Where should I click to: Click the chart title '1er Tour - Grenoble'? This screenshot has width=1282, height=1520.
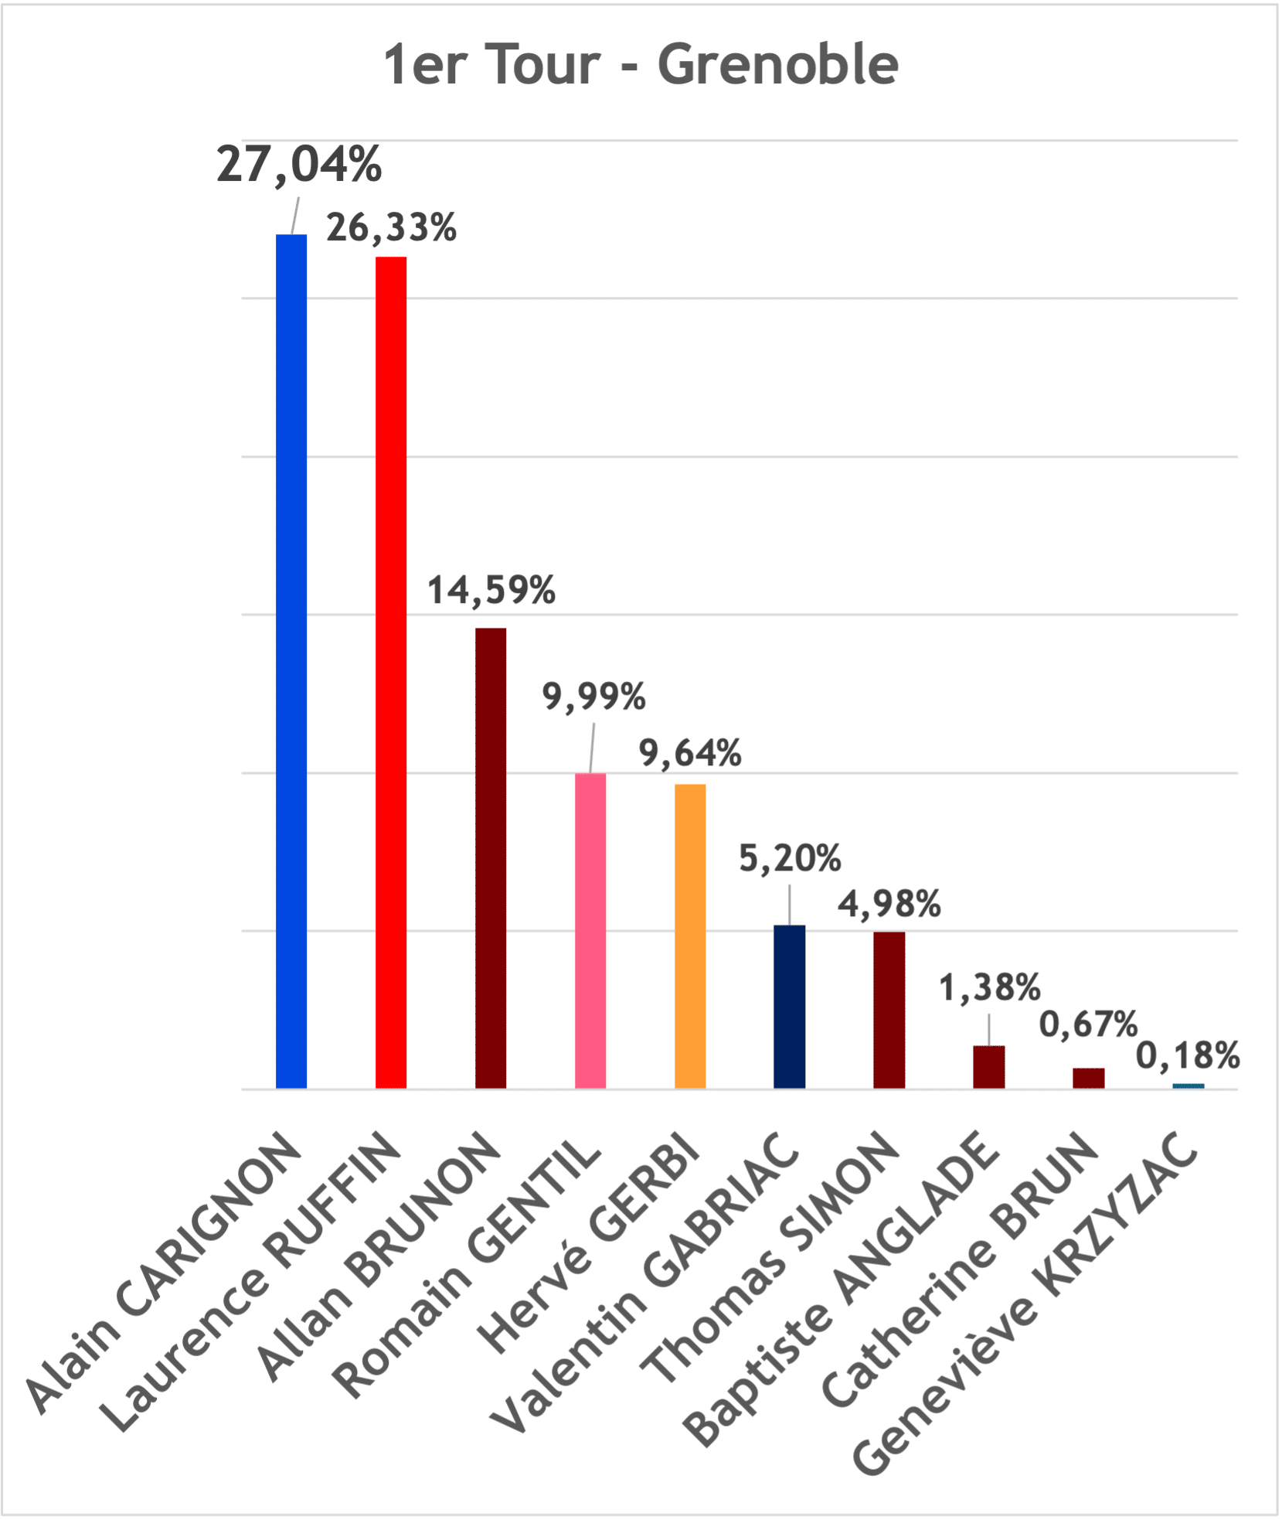(x=641, y=64)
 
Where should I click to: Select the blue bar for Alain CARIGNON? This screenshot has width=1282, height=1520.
(x=291, y=661)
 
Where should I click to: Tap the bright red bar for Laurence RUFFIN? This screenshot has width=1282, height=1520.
(x=391, y=673)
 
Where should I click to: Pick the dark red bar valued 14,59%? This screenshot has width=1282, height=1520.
(x=491, y=858)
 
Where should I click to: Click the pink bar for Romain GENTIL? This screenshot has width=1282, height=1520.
(x=590, y=931)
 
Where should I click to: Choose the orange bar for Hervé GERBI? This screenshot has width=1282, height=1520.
(x=690, y=936)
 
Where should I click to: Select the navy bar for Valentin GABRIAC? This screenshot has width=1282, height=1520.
(x=789, y=1007)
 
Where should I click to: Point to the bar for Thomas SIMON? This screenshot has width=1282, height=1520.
(x=889, y=1010)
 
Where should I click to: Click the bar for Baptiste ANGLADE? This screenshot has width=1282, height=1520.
(x=988, y=1067)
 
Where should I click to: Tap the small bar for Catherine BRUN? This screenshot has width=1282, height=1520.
(x=1088, y=1078)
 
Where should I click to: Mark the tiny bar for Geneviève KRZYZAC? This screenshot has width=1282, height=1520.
(x=1188, y=1085)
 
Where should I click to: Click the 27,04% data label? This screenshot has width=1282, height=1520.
(x=299, y=165)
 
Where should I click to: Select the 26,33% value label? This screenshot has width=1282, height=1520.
(x=391, y=227)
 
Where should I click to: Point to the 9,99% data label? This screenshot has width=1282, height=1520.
(x=593, y=697)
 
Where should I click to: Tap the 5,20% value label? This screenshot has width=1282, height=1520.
(x=790, y=858)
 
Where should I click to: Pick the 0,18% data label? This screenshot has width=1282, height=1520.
(x=1188, y=1056)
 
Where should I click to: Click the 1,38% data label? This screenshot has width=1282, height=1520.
(x=989, y=988)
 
